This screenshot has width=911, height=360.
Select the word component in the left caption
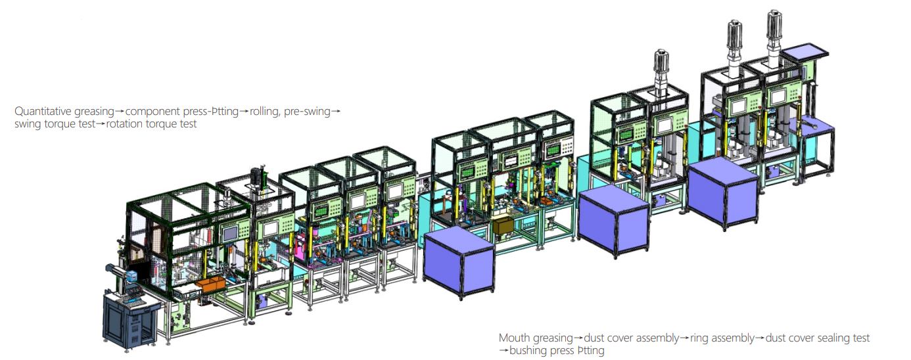tap(152, 111)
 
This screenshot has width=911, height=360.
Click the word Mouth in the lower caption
tap(515, 338)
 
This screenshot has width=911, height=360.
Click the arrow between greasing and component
tap(120, 111)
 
